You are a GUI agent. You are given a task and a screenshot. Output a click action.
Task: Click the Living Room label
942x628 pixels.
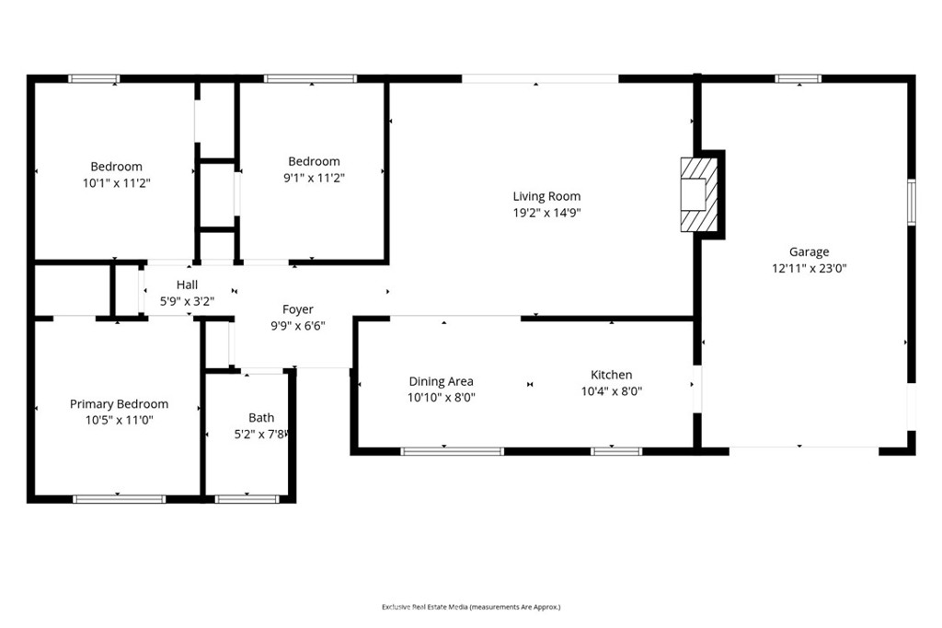pyautogui.click(x=546, y=196)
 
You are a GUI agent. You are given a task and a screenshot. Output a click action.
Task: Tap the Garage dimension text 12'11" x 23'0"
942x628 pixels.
pyautogui.click(x=809, y=269)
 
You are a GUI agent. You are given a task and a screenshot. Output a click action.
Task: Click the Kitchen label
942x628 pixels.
pyautogui.click(x=611, y=375)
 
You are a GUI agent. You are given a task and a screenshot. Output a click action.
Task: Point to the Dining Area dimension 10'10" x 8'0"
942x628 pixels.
pyautogui.click(x=442, y=398)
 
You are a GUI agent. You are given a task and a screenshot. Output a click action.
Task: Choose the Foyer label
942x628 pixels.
pyautogui.click(x=297, y=309)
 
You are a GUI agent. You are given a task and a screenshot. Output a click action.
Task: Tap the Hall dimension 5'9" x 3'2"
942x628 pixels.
pyautogui.click(x=187, y=300)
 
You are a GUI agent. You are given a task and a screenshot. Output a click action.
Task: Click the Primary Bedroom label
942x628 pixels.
pyautogui.click(x=119, y=403)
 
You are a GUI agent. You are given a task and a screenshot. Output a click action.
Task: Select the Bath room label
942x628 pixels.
pyautogui.click(x=261, y=417)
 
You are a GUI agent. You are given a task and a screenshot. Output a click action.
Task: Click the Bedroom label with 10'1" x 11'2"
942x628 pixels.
pyautogui.click(x=116, y=167)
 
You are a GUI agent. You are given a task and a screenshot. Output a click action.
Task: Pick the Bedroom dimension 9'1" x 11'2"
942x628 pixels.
pyautogui.click(x=314, y=177)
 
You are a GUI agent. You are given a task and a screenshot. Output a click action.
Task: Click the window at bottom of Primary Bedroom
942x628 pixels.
pyautogui.click(x=119, y=499)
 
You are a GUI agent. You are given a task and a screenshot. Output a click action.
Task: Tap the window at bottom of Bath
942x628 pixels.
pyautogui.click(x=247, y=499)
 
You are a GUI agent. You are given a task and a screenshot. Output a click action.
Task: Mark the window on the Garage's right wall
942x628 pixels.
pyautogui.click(x=912, y=202)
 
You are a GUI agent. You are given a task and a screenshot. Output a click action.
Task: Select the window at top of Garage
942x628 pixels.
pyautogui.click(x=798, y=79)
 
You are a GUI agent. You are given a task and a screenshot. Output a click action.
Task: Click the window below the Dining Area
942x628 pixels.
pyautogui.click(x=452, y=451)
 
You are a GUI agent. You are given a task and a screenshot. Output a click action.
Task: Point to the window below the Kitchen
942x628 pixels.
pyautogui.click(x=615, y=451)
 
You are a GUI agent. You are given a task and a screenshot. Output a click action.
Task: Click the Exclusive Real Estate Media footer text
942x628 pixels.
pyautogui.click(x=471, y=607)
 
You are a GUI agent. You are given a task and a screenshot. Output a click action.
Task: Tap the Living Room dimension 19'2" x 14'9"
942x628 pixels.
pyautogui.click(x=546, y=213)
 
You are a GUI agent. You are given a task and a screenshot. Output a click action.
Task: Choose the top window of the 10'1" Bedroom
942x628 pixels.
pyautogui.click(x=95, y=79)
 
